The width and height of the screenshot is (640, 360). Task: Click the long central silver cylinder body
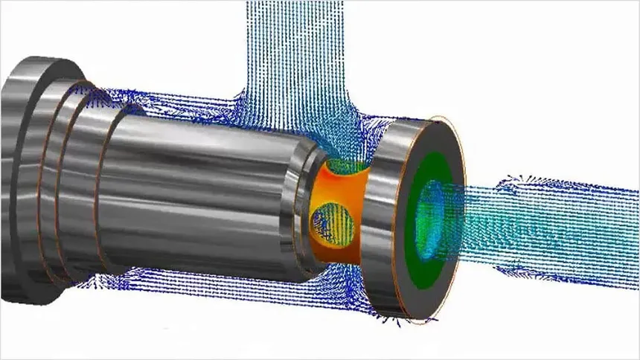(193, 186)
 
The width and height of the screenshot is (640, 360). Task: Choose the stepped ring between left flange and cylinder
(74, 179)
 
